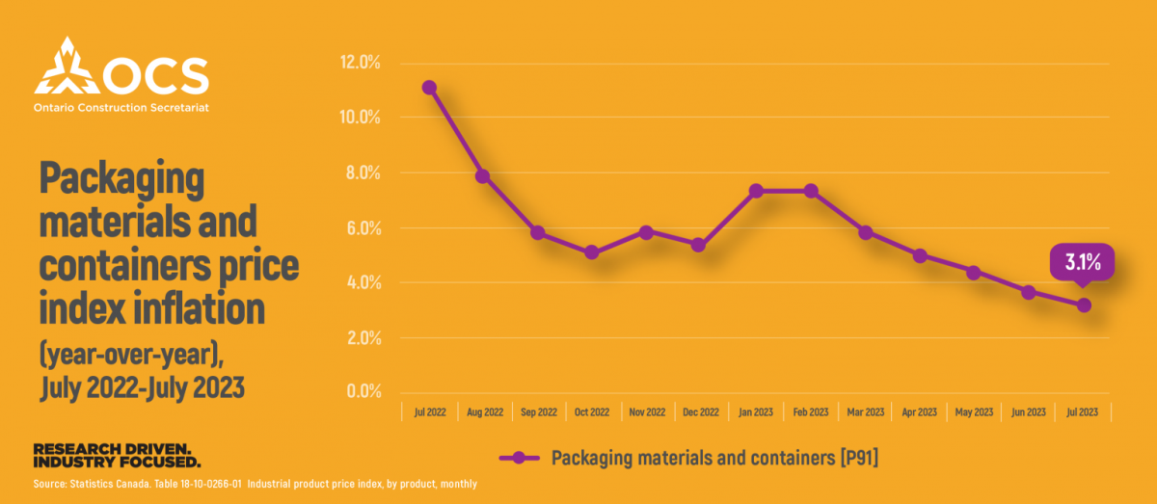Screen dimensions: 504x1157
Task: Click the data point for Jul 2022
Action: point(429,88)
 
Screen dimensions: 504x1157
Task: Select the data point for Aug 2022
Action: point(483,176)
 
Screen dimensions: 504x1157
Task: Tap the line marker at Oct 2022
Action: point(592,252)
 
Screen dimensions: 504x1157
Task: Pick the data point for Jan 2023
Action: point(756,191)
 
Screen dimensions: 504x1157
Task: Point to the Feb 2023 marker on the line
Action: point(811,191)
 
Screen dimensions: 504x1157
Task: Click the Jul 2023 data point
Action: point(1084,305)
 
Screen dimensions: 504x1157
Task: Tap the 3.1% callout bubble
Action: point(1082,262)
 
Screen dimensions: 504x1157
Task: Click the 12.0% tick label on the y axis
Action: point(362,63)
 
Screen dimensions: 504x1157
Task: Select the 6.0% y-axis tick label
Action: point(362,228)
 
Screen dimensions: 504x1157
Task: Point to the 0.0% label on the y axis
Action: point(362,392)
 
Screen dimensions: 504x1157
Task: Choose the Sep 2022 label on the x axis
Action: point(538,412)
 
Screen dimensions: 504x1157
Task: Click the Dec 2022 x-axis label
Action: point(701,412)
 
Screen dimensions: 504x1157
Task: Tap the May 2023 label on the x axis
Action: point(974,412)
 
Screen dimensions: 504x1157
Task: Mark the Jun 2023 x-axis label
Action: point(1029,412)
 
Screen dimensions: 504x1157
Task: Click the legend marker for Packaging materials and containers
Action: point(522,458)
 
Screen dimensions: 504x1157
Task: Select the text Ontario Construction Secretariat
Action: point(121,108)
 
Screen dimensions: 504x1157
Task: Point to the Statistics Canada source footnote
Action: point(255,484)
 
